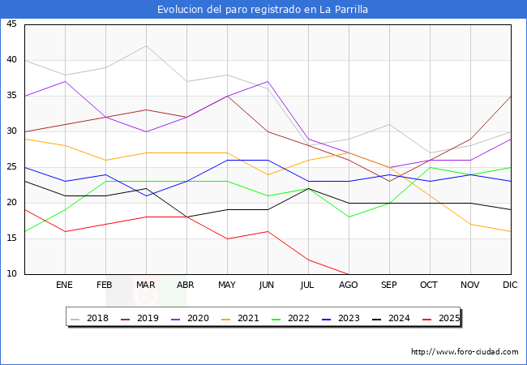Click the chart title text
(263, 10)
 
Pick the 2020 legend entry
(195, 319)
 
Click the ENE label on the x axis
(65, 286)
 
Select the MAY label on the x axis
(227, 286)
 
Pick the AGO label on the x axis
(349, 286)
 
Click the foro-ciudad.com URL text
(465, 352)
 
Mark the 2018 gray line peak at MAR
(146, 45)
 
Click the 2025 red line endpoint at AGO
(349, 274)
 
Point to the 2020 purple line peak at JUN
(268, 81)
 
